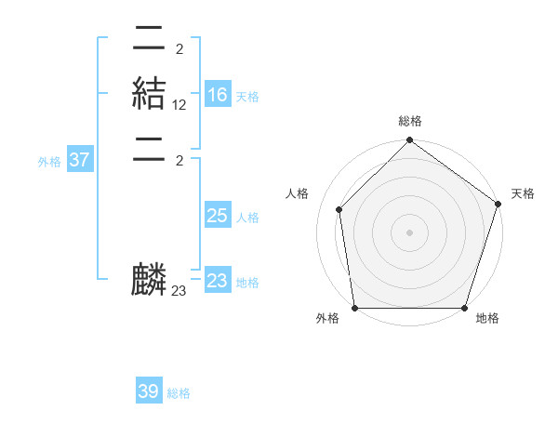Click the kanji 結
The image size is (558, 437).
pos(150,94)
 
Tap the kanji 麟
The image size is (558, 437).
pos(150,280)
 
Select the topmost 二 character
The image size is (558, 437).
pos(150,38)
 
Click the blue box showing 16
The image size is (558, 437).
pos(218,95)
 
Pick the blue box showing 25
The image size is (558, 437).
pos(218,216)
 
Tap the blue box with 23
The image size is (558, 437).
pos(218,281)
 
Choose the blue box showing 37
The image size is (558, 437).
pos(80,160)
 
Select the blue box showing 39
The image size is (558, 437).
pos(149,391)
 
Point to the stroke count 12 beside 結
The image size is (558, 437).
pos(179,105)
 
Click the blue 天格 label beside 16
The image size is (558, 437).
pos(247,97)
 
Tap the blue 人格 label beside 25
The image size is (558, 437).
pos(247,218)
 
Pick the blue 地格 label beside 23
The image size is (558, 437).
pos(247,283)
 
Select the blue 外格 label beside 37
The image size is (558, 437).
pos(49,162)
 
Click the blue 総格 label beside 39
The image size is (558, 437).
pos(179,393)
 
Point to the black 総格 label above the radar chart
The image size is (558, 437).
pos(409,122)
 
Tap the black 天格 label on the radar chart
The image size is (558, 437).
pos(523,193)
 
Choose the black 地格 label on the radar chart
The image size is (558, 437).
pos(487,319)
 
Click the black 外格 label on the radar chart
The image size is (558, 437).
pos(327,319)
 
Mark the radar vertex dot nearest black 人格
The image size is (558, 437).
pos(339,209)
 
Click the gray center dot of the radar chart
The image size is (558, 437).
pos(409,232)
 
